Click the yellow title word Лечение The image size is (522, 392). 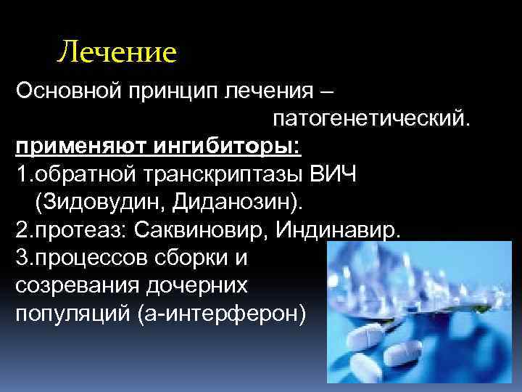pyautogui.click(x=117, y=52)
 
